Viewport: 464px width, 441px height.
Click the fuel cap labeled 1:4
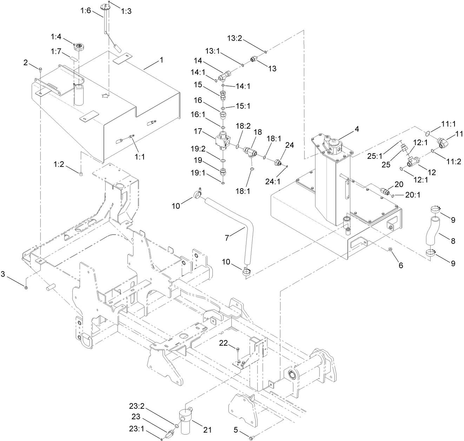[78, 46]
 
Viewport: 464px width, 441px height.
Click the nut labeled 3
[27, 287]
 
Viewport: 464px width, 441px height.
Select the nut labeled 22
[238, 349]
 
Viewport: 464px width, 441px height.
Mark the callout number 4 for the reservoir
[357, 129]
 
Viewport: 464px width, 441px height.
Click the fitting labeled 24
[279, 162]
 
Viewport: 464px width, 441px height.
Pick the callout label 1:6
[85, 11]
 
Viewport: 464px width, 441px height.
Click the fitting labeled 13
[254, 59]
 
